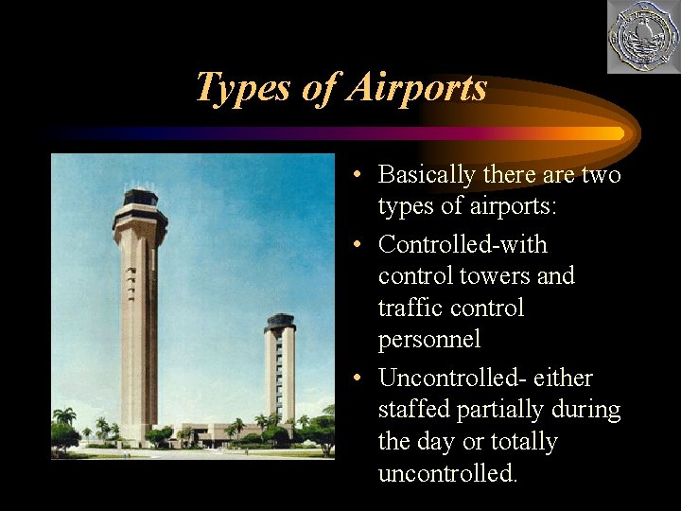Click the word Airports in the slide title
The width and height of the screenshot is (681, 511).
417,87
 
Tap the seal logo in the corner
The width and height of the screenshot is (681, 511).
642,37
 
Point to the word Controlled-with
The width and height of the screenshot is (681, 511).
463,245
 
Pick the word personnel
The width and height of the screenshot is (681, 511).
428,339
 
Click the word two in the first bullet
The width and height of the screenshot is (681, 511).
602,175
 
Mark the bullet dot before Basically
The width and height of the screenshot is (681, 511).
352,176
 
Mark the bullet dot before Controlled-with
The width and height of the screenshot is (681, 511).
352,246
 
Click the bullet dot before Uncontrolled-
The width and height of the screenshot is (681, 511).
352,379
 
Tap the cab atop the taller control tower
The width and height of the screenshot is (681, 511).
140,203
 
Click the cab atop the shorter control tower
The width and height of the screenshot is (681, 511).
280,322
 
